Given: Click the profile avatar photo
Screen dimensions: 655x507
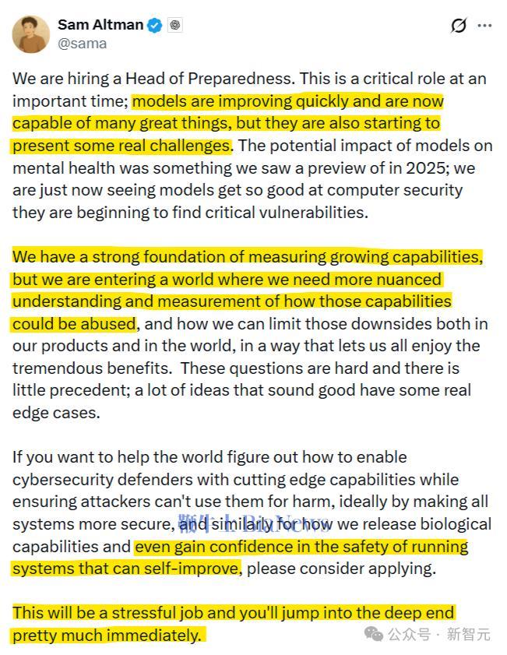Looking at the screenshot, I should pos(31,33).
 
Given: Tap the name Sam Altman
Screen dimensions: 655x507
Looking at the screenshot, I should pos(100,25).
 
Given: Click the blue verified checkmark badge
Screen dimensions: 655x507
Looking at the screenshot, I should pos(155,26).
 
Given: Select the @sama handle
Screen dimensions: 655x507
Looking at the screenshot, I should pos(82,44).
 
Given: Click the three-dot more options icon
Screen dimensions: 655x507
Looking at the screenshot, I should pos(484,26).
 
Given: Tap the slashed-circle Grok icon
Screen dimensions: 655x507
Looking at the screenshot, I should pos(459,26).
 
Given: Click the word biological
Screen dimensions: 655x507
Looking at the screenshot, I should pos(452,523).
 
